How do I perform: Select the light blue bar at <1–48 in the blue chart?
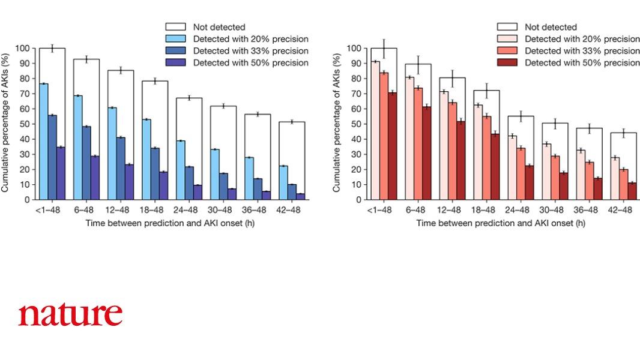pos(43,142)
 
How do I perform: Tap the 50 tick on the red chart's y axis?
pos(359,124)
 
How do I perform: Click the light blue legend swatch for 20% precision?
pos(175,39)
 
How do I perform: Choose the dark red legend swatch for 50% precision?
pos(507,63)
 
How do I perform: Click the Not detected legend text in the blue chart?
pos(219,27)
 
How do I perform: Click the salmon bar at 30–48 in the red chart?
pos(555,178)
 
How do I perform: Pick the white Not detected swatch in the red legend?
pos(507,27)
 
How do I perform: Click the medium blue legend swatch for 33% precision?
pos(175,51)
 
